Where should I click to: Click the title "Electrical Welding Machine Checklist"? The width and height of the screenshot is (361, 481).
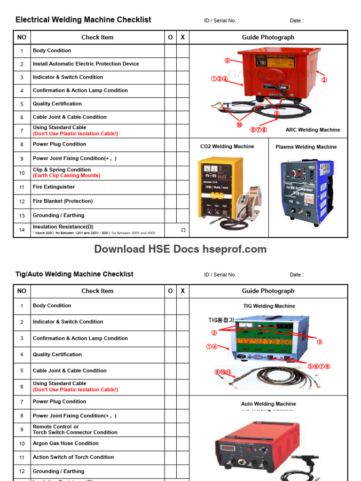pyautogui.click(x=83, y=20)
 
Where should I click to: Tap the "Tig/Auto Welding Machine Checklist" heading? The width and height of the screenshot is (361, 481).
pyautogui.click(x=74, y=274)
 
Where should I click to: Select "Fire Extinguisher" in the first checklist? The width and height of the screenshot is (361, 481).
pyautogui.click(x=54, y=187)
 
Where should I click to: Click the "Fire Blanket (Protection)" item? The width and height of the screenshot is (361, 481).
pyautogui.click(x=63, y=201)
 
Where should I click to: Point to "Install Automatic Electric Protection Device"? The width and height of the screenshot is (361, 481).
pyautogui.click(x=86, y=64)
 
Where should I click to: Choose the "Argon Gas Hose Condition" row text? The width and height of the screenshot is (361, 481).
pyautogui.click(x=65, y=443)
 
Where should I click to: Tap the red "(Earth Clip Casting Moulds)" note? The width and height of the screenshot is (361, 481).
pyautogui.click(x=66, y=176)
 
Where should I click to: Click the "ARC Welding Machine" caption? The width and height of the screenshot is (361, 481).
pyautogui.click(x=313, y=130)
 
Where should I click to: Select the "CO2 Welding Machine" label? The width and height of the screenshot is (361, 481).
pyautogui.click(x=227, y=147)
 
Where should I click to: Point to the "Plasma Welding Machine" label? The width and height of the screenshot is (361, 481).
pyautogui.click(x=306, y=147)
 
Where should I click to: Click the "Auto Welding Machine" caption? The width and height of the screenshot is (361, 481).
pyautogui.click(x=268, y=404)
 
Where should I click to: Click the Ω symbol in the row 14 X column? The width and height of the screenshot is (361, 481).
pyautogui.click(x=183, y=230)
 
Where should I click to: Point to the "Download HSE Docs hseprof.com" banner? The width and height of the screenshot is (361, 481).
pyautogui.click(x=180, y=249)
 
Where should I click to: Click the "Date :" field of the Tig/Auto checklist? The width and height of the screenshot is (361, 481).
pyautogui.click(x=296, y=275)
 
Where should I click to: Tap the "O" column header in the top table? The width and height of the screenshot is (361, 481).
pyautogui.click(x=170, y=38)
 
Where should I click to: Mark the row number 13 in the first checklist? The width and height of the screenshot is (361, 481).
pyautogui.click(x=22, y=216)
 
